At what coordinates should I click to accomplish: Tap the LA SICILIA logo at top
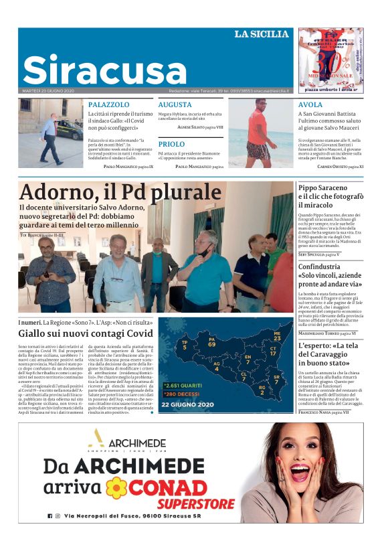click(x=261, y=34)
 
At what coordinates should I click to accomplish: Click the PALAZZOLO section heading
click(x=108, y=105)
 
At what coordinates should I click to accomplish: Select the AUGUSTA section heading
click(x=175, y=105)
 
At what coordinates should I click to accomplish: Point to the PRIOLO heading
click(x=171, y=144)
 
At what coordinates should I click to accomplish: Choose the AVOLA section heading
click(x=310, y=105)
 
